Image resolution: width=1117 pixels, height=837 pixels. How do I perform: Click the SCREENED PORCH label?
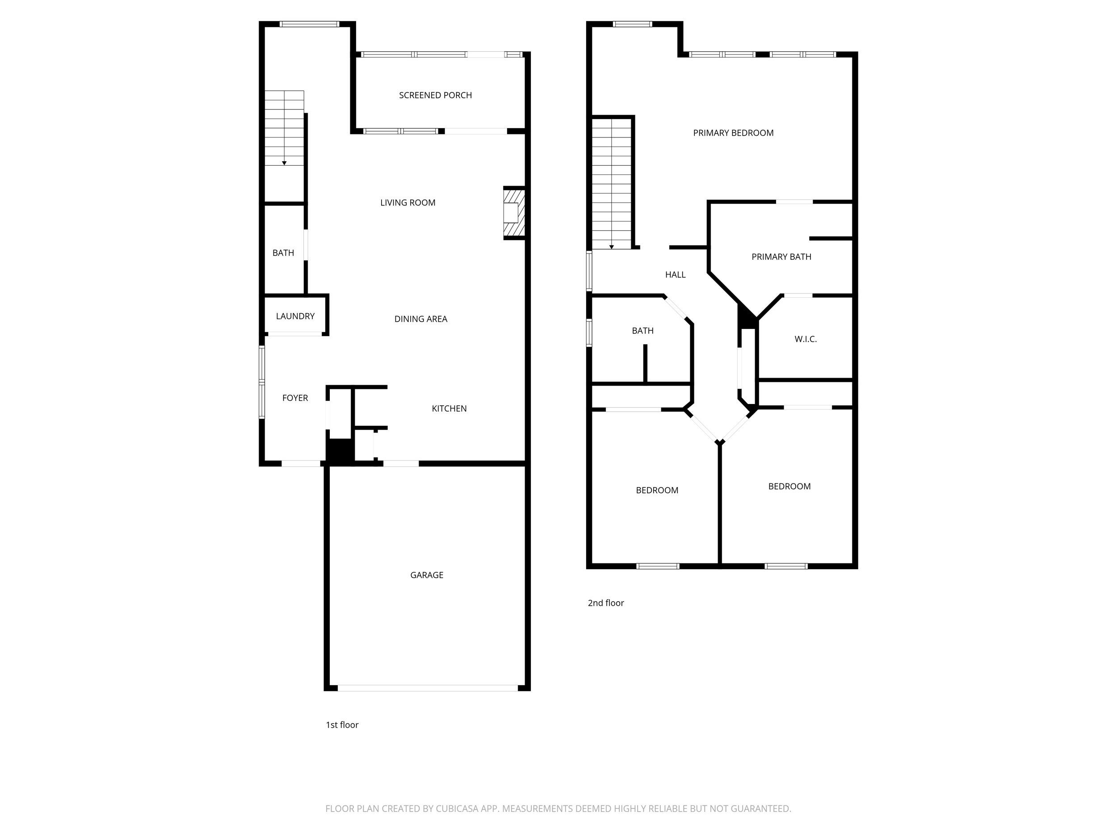(x=435, y=96)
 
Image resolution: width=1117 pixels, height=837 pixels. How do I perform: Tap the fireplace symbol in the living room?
(x=514, y=212)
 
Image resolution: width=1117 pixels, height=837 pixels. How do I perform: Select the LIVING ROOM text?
(x=407, y=203)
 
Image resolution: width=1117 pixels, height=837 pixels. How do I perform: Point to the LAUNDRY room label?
(x=295, y=316)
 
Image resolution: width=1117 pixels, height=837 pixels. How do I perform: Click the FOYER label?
(x=295, y=398)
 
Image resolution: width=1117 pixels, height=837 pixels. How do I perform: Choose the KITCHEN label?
(x=449, y=408)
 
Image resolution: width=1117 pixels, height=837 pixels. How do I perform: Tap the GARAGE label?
(x=427, y=575)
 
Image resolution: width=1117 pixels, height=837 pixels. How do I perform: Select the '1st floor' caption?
(x=342, y=725)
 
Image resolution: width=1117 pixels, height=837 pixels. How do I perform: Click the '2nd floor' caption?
(x=605, y=603)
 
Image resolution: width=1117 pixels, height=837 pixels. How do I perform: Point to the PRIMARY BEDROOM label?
(x=733, y=133)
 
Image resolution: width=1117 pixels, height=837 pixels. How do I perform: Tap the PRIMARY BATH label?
(x=781, y=257)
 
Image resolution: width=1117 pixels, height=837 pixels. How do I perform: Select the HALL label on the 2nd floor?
(x=675, y=275)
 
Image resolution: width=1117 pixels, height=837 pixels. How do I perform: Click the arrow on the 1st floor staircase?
(x=284, y=163)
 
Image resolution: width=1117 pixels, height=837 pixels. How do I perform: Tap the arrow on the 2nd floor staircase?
(x=612, y=247)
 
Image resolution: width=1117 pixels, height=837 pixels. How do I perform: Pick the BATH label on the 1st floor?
(x=283, y=253)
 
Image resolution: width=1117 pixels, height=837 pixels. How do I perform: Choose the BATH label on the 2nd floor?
(x=642, y=331)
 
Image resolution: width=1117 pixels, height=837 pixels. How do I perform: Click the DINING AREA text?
(x=420, y=319)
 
